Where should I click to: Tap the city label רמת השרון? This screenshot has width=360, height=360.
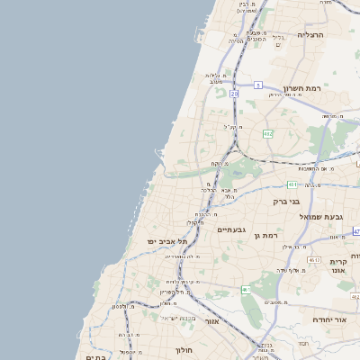pos(301,89)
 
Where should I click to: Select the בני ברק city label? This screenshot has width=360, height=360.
pos(288,201)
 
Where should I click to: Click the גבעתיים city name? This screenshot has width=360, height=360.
pos(232,230)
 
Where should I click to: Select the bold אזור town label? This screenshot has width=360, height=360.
pos(212,320)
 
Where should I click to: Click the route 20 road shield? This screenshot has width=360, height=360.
pos(234,93)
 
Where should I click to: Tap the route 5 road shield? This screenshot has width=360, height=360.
pos(257,85)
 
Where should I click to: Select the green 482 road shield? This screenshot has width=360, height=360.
pos(267,133)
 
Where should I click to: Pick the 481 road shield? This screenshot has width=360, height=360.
pos(293,184)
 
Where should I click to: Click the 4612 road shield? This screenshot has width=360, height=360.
pos(314,259)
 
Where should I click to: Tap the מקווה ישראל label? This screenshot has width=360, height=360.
pos(177,318)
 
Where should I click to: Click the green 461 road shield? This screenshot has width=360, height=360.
pos(247,289)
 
